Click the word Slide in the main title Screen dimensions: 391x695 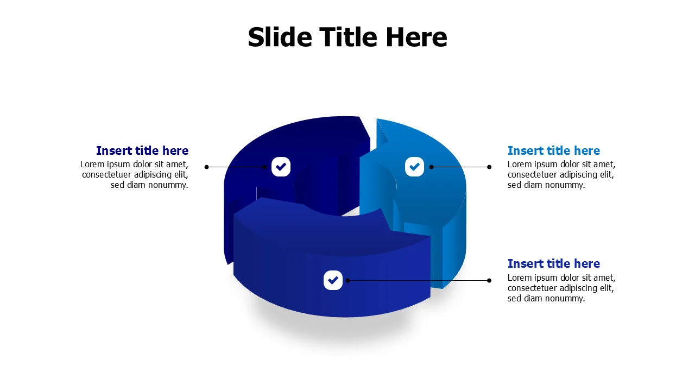280,37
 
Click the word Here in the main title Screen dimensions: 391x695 416,37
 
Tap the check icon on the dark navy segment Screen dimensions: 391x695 281,167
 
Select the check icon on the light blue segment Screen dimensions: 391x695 414,167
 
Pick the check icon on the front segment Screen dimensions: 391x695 333,280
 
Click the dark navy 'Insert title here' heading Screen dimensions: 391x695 142,150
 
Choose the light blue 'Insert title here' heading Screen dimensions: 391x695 554,150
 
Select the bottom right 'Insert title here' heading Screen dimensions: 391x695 554,263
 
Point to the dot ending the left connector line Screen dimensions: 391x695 206,167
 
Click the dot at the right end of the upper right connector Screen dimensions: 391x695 489,167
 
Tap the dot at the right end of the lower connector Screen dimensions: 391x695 489,280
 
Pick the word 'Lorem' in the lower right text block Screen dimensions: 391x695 519,278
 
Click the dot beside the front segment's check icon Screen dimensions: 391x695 347,280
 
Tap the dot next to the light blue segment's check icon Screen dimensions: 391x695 431,167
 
